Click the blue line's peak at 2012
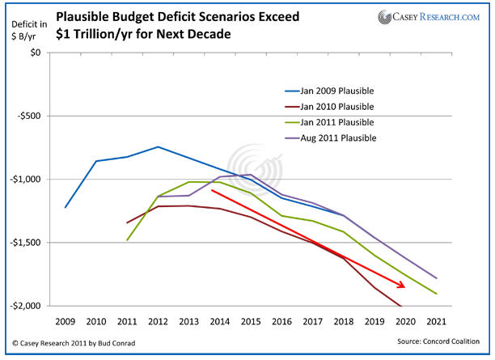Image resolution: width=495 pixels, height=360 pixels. (x=158, y=146)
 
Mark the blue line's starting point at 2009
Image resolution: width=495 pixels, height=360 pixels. (x=66, y=207)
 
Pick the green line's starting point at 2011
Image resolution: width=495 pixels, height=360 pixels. (x=127, y=239)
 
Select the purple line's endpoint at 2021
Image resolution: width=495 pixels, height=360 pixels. (x=438, y=277)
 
